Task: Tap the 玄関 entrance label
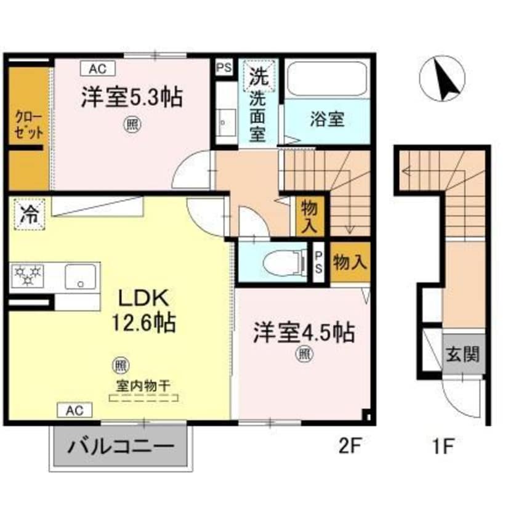pyautogui.click(x=462, y=355)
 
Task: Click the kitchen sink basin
pyautogui.click(x=80, y=275)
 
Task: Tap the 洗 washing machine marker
pyautogui.click(x=257, y=78)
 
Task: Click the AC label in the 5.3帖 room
pyautogui.click(x=96, y=68)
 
